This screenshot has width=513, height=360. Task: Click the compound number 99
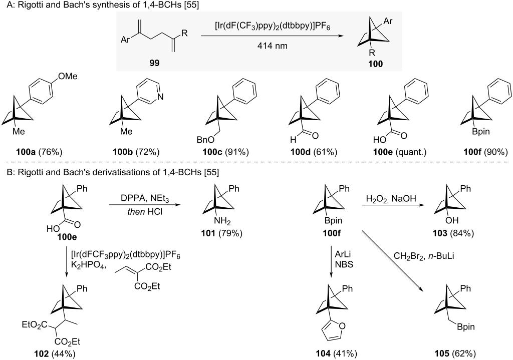[154, 63]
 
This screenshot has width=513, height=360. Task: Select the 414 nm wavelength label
[272, 46]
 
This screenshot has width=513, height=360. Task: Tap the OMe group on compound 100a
[68, 76]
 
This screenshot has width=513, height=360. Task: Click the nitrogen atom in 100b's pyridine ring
[160, 97]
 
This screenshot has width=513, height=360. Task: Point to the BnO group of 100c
[205, 140]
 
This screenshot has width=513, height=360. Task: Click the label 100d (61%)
[314, 152]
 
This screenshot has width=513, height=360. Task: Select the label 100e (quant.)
[400, 152]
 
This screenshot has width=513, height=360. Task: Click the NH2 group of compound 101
[222, 222]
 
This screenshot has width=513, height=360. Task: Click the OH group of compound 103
[452, 220]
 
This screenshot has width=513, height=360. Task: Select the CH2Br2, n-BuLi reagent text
[424, 256]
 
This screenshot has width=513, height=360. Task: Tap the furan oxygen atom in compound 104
[342, 325]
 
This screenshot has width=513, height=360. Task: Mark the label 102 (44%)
[55, 353]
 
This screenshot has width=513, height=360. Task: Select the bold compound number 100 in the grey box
[376, 64]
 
